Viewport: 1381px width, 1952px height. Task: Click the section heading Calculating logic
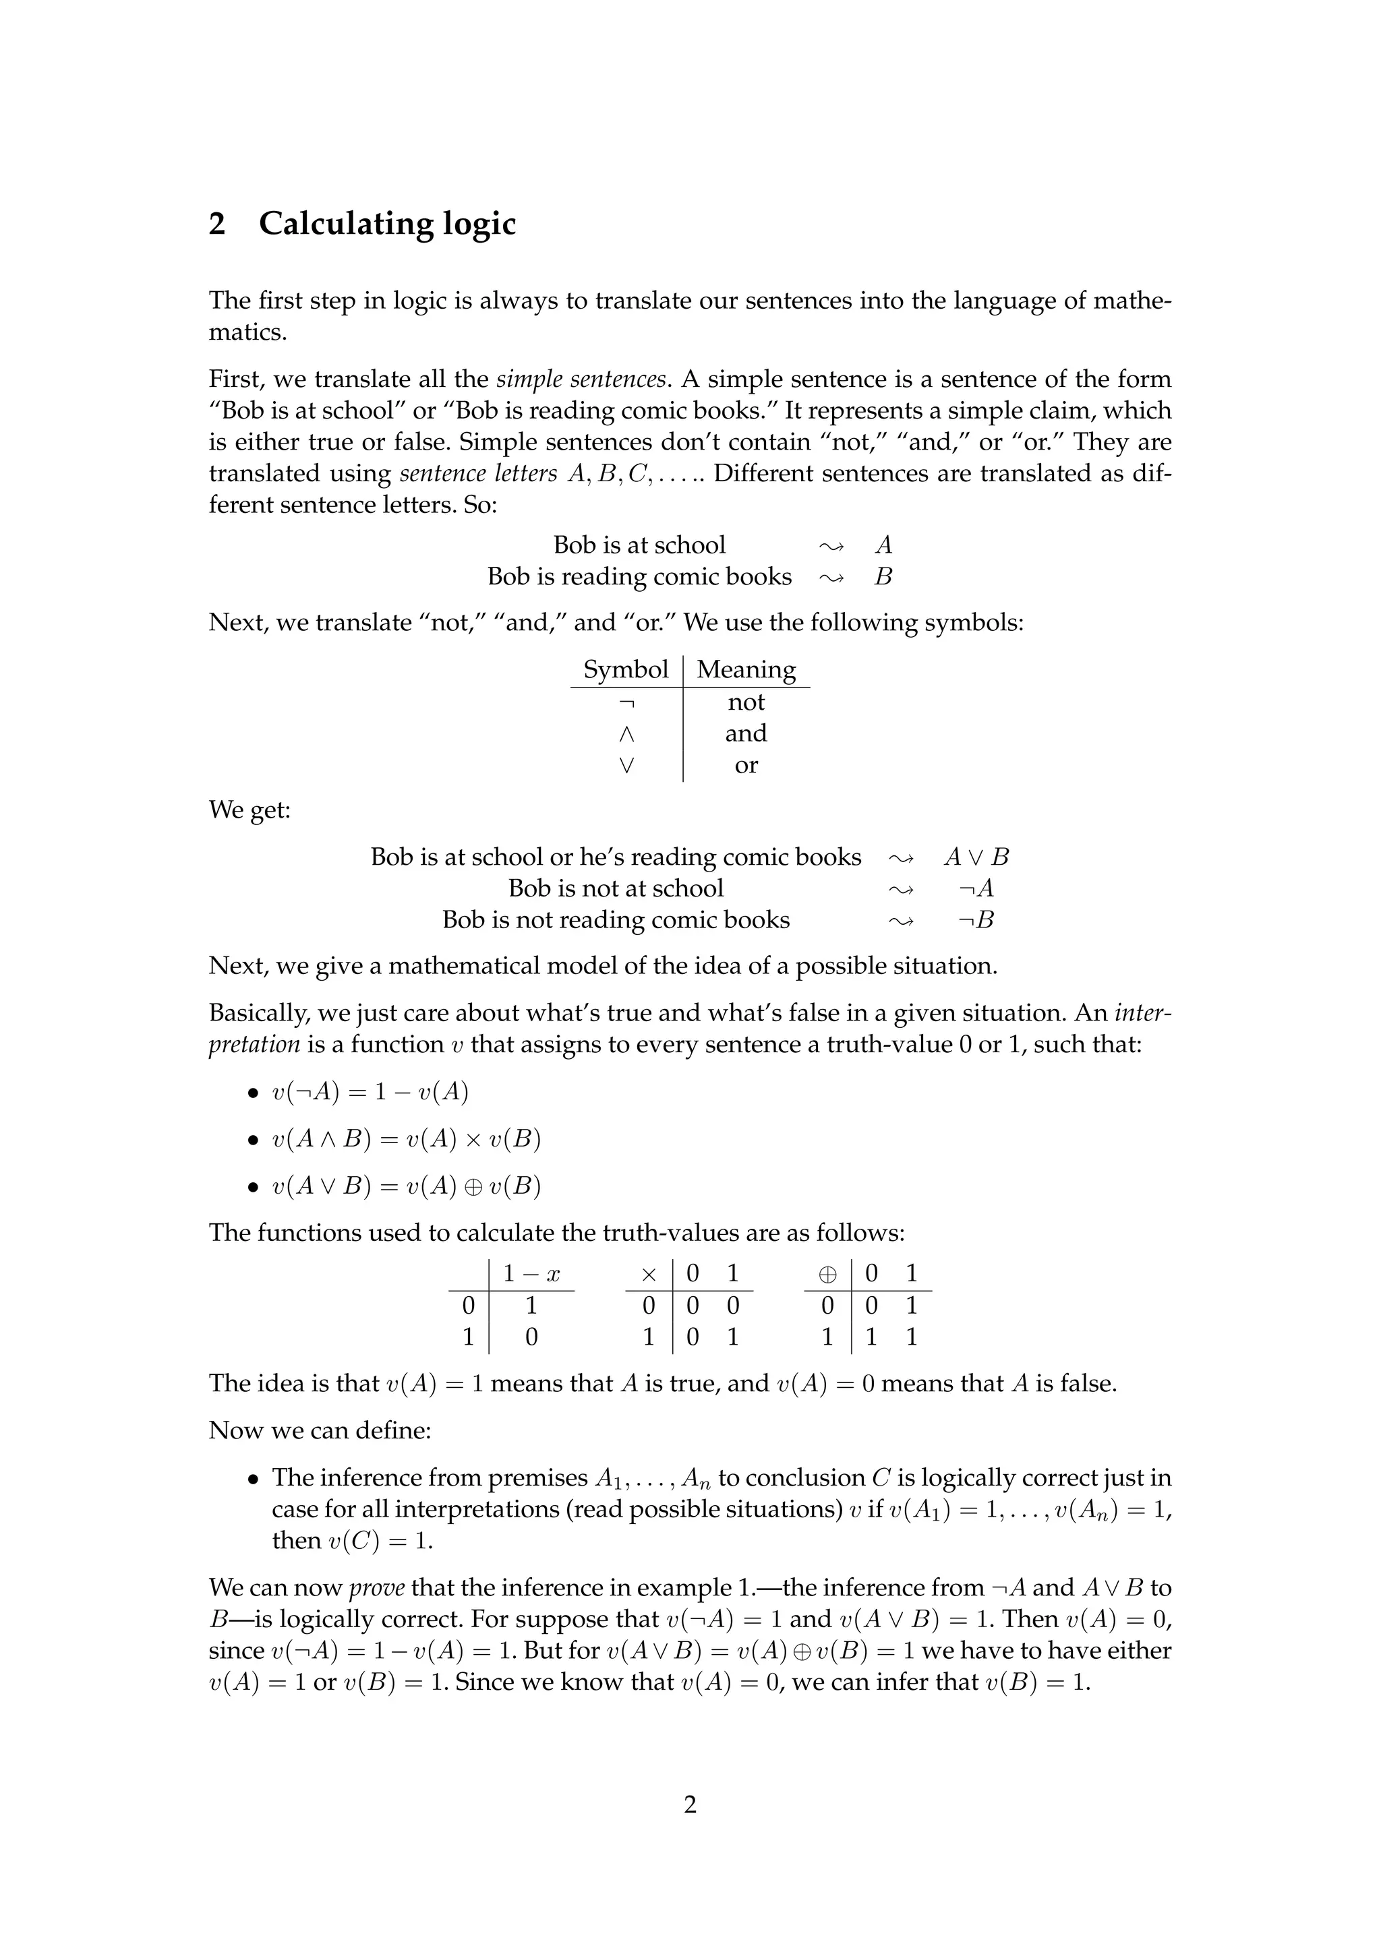click(x=387, y=224)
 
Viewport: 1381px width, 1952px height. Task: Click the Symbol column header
click(x=625, y=669)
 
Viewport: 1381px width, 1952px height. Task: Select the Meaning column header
click(x=746, y=669)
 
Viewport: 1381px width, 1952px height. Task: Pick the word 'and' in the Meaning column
click(x=746, y=733)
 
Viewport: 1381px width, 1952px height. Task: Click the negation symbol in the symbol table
click(x=626, y=702)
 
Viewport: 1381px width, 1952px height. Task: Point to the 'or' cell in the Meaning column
click(x=746, y=765)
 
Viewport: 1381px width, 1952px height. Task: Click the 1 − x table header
click(x=531, y=1273)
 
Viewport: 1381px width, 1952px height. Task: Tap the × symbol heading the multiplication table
click(x=649, y=1273)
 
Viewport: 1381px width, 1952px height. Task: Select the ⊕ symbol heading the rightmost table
click(x=827, y=1273)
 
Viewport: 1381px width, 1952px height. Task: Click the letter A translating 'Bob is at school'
click(x=883, y=545)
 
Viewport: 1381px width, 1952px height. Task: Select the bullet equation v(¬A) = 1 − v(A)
click(x=370, y=1092)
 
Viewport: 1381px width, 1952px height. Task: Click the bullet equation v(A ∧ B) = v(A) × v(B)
click(x=406, y=1139)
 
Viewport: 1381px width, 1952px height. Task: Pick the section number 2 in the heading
click(x=218, y=224)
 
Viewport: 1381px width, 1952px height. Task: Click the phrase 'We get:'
click(x=250, y=810)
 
